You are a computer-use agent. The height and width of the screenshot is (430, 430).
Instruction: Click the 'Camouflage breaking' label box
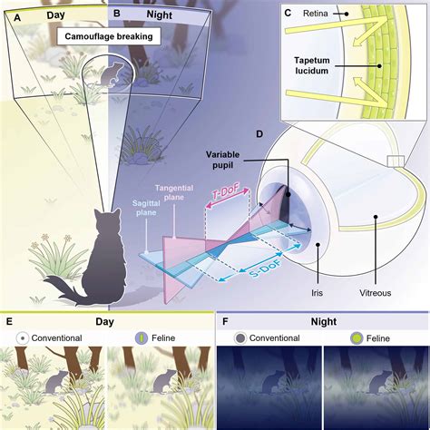click(x=109, y=37)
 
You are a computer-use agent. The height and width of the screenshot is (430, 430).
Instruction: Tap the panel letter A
click(x=17, y=18)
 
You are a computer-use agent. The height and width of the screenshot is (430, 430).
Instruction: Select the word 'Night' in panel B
click(x=160, y=15)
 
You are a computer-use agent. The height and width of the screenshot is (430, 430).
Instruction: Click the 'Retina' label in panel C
click(x=316, y=14)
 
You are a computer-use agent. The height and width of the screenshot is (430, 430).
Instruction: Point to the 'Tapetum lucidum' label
click(x=312, y=65)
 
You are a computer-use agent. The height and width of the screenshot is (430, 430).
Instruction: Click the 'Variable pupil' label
click(x=222, y=160)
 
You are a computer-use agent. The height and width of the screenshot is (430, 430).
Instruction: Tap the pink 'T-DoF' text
click(x=226, y=193)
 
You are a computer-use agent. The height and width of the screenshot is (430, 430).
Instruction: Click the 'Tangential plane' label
click(x=174, y=192)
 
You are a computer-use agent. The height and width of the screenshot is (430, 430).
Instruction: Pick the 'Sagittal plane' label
click(x=146, y=208)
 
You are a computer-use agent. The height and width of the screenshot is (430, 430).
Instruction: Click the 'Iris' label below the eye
click(x=317, y=293)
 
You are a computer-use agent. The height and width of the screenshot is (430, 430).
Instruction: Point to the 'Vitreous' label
click(x=375, y=293)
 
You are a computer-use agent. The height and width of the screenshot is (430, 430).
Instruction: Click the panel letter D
click(x=259, y=134)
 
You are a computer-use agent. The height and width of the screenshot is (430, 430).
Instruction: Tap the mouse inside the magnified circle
click(x=111, y=74)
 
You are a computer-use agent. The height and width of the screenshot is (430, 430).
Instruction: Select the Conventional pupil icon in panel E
click(x=24, y=338)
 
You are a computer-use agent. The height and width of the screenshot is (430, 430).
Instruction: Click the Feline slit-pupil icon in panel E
click(x=142, y=338)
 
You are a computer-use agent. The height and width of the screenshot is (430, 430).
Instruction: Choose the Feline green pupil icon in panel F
click(x=357, y=338)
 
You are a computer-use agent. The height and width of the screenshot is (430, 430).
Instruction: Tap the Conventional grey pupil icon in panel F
click(x=240, y=338)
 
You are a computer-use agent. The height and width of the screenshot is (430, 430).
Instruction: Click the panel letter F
click(x=225, y=321)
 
